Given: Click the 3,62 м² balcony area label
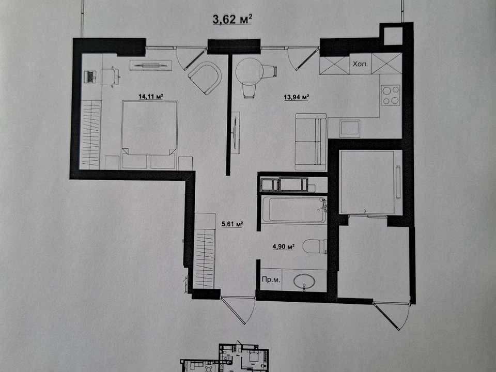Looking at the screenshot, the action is point(232,19).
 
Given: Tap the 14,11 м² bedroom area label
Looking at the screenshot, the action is point(150,96).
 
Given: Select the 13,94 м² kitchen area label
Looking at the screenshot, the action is point(296,97).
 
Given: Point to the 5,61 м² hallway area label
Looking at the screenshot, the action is point(232,224).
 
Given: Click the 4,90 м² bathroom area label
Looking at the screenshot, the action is point(284,246).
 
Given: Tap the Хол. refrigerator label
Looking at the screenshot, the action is point(360,64).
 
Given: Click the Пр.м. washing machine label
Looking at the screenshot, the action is point(271,280).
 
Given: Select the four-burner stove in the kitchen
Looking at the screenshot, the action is point(391,95).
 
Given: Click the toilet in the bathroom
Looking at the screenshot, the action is point(315,246).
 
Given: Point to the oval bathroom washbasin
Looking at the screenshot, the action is point(304,281).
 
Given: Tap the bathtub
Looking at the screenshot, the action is point(294,210).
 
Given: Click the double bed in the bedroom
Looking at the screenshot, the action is point(149,135).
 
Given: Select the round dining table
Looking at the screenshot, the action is point(250,70).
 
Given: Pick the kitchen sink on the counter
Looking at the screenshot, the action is point(350,129).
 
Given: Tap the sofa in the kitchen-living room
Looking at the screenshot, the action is point(311,142).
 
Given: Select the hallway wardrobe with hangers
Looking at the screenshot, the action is point(205,251).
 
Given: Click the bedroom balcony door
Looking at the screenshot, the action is point(191,58).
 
